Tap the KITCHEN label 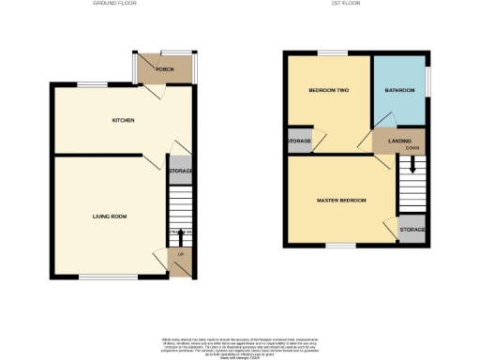(x=124, y=120)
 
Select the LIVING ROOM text (x=110, y=217)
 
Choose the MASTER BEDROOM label (x=341, y=201)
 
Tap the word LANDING (x=387, y=141)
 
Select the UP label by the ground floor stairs (x=178, y=253)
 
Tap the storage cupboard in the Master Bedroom (x=412, y=230)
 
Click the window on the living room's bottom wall (x=97, y=277)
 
